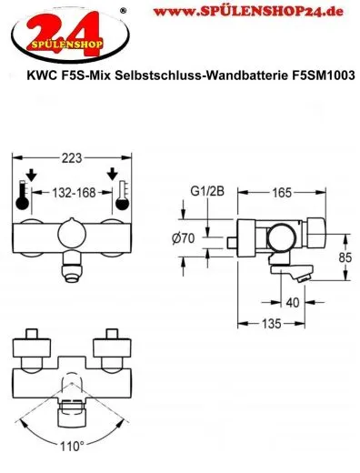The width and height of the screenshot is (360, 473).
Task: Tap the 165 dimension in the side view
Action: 283,192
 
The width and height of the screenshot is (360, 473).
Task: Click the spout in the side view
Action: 295,273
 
